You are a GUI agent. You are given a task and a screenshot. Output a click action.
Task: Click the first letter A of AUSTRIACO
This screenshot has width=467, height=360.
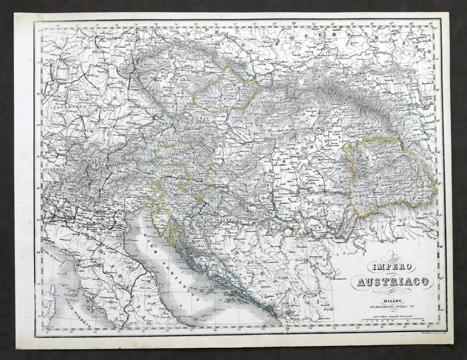click(360, 282)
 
